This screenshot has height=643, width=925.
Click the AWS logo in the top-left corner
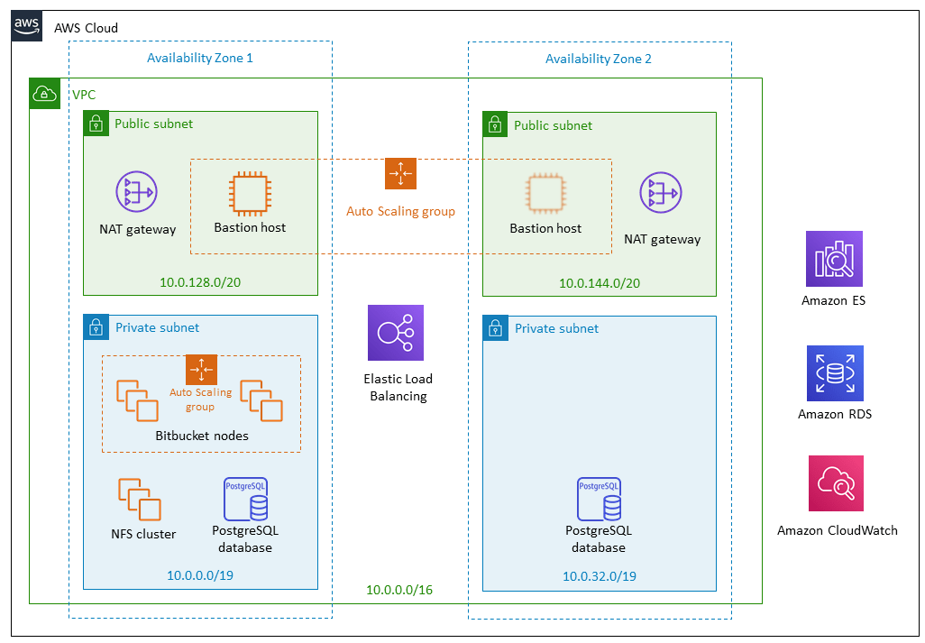pyautogui.click(x=27, y=26)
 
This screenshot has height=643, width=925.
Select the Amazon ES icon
pyautogui.click(x=833, y=259)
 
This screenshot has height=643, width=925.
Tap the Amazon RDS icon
pyautogui.click(x=834, y=373)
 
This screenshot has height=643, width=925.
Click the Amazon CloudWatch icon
pyautogui.click(x=836, y=483)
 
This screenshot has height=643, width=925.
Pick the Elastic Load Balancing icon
pyautogui.click(x=395, y=333)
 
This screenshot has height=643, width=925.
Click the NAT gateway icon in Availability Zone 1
pyautogui.click(x=136, y=192)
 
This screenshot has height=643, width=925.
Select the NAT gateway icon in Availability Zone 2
pyautogui.click(x=661, y=194)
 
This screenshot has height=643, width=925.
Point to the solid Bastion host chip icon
pyautogui.click(x=250, y=192)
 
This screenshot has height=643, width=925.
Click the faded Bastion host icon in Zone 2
pyautogui.click(x=546, y=193)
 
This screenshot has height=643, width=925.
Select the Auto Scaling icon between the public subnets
pyautogui.click(x=400, y=173)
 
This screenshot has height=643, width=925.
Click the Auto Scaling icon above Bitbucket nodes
pyautogui.click(x=201, y=370)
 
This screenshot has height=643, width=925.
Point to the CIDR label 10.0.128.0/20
pyautogui.click(x=200, y=282)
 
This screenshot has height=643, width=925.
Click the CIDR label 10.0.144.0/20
pyautogui.click(x=600, y=283)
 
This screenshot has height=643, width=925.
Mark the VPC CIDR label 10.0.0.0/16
pyautogui.click(x=399, y=590)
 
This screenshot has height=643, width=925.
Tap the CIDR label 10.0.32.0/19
pyautogui.click(x=600, y=576)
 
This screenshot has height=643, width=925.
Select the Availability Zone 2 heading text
pyautogui.click(x=598, y=59)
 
